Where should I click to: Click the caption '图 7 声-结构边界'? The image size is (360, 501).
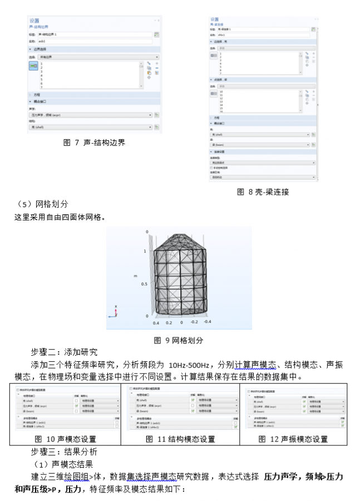point(95,143)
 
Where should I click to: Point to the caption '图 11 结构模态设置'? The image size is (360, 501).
point(180,439)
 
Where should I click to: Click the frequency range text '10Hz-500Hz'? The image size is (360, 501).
point(189,365)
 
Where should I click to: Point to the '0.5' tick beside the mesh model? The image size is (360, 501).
point(145,284)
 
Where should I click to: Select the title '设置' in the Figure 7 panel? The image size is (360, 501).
point(34,20)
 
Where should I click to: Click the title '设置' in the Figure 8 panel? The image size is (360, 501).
point(215,19)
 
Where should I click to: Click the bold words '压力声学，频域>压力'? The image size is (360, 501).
point(303,477)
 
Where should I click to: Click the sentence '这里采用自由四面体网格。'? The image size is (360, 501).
point(60,217)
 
